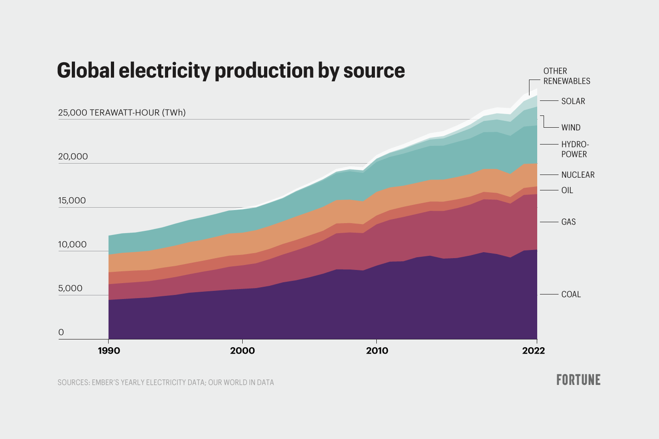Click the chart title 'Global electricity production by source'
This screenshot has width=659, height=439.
point(231,70)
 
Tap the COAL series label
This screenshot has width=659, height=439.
point(571,294)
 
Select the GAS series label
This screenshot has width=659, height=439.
point(568,222)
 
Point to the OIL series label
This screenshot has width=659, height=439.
point(567,190)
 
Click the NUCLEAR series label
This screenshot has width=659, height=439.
point(578,175)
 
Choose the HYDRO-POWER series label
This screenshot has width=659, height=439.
point(574,150)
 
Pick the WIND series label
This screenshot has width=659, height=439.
point(570,128)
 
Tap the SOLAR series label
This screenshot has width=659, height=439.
point(573,101)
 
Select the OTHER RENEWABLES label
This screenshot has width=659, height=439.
point(566,76)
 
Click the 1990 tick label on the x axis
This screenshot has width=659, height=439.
point(109,350)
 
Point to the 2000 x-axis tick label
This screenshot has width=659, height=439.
point(242,350)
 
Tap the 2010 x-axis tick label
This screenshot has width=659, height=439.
point(377,350)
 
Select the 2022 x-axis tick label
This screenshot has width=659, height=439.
point(533,350)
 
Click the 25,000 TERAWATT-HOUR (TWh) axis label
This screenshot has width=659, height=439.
point(122,113)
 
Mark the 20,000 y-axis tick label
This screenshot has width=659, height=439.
point(73,157)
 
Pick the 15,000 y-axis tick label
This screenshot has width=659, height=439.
point(72,200)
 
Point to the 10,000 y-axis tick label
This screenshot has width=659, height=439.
point(72,244)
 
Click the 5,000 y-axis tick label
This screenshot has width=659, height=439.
point(70,289)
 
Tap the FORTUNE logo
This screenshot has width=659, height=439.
point(578,380)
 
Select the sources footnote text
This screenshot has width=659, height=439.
point(165,383)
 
